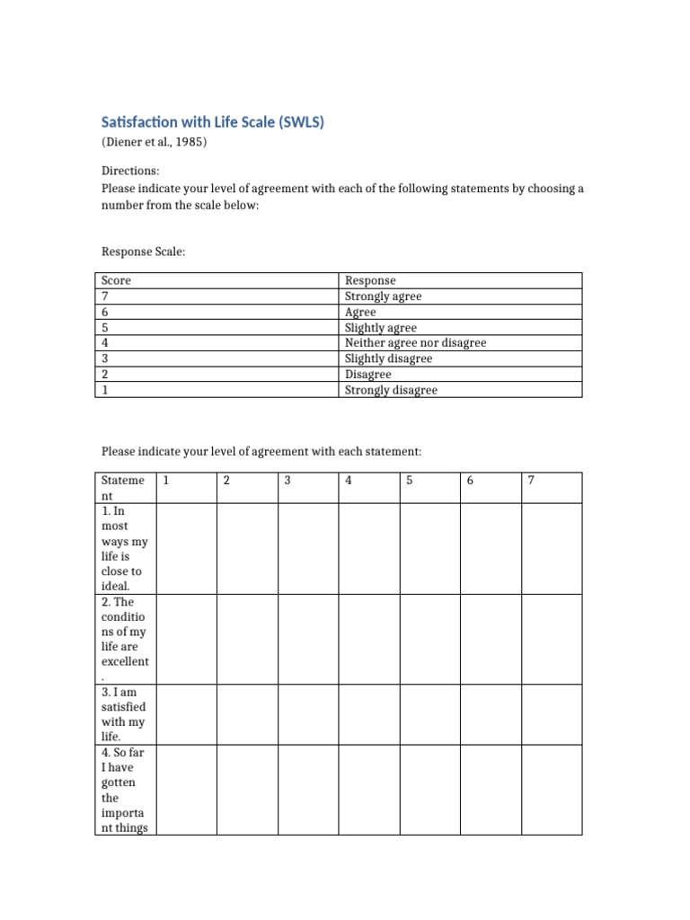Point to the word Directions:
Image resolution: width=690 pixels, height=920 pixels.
click(130, 170)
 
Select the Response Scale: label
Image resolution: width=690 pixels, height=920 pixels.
click(143, 252)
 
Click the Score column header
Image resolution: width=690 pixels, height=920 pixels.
click(116, 280)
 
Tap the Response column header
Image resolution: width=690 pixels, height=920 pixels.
click(370, 280)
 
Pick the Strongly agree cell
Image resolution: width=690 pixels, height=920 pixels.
click(383, 296)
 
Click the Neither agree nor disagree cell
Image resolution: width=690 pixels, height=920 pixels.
click(415, 342)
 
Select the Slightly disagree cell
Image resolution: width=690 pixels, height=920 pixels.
click(388, 358)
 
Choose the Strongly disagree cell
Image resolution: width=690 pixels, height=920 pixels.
click(391, 390)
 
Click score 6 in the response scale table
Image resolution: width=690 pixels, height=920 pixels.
click(105, 312)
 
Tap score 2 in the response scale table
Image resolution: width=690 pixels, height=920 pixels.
click(105, 374)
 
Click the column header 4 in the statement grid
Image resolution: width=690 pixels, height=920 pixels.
click(349, 481)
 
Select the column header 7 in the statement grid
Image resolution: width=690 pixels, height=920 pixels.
click(531, 481)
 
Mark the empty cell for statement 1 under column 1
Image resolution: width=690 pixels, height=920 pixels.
click(186, 548)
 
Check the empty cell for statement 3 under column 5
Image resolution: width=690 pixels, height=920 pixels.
click(429, 714)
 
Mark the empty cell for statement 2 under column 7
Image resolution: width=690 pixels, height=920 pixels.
click(552, 639)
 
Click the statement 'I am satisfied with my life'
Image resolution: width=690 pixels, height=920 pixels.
click(124, 714)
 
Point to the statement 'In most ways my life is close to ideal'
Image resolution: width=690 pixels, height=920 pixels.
click(124, 548)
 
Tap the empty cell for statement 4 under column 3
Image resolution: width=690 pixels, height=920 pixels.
click(307, 790)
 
